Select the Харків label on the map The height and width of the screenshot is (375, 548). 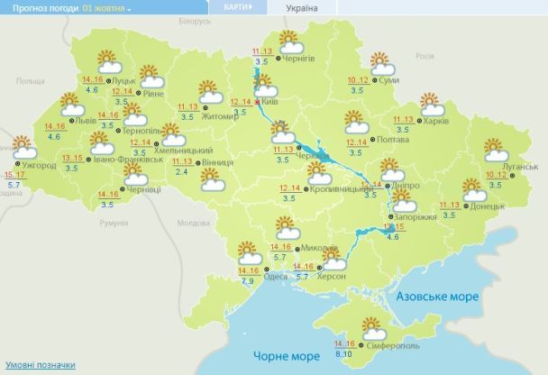436,119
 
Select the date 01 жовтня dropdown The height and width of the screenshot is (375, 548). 106,7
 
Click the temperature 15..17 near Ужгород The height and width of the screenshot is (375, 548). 14,174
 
